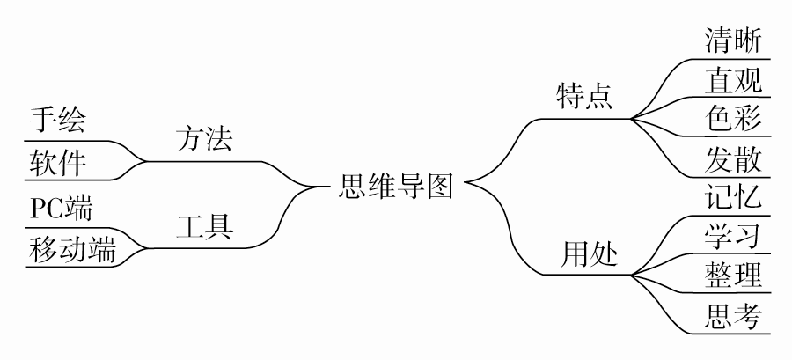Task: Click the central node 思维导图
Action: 396,187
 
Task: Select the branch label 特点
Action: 584,95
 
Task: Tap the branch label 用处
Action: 590,254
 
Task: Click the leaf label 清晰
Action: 733,40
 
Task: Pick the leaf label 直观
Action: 733,80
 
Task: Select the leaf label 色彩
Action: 733,118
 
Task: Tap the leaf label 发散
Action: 733,158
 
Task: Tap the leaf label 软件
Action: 58,161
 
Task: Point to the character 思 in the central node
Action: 354,187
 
